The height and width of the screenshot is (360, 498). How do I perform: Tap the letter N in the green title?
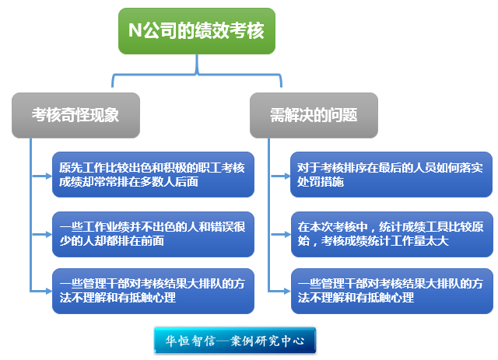point(134,31)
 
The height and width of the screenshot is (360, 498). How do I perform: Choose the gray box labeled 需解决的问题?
point(314,115)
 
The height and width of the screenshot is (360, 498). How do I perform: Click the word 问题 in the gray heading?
point(343,115)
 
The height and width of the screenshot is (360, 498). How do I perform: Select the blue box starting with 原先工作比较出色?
point(153,174)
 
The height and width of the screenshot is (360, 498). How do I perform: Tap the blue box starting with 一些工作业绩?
point(153,234)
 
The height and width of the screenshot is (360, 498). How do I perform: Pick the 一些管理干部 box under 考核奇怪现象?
point(153,291)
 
